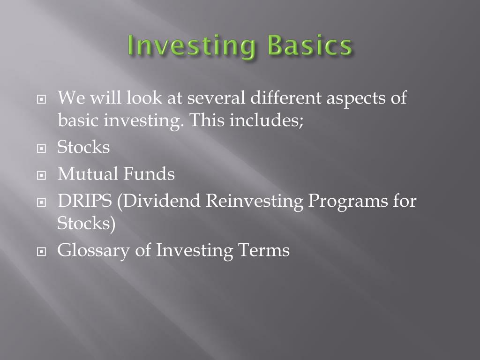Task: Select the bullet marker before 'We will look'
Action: tap(43, 100)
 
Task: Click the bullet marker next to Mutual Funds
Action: tap(43, 176)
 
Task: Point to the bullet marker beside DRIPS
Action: tap(43, 203)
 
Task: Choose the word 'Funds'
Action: tap(149, 174)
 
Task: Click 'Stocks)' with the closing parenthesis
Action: tap(86, 223)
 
